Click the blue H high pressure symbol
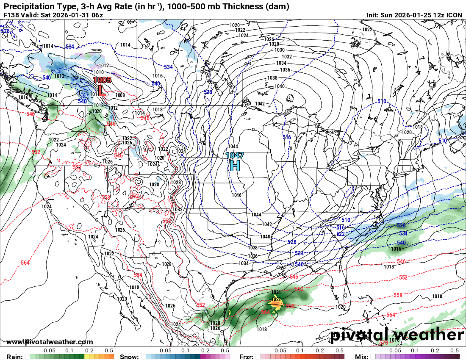(234, 166)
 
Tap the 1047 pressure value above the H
(234, 155)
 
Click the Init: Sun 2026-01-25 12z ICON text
(414, 15)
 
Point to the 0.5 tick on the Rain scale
(109, 351)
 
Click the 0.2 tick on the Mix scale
(435, 351)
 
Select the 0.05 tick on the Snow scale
(166, 351)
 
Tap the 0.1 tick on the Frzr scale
(300, 351)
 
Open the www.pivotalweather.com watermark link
(50, 342)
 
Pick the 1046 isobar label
(236, 195)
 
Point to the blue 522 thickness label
(340, 234)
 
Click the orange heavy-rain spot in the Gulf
(275, 303)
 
